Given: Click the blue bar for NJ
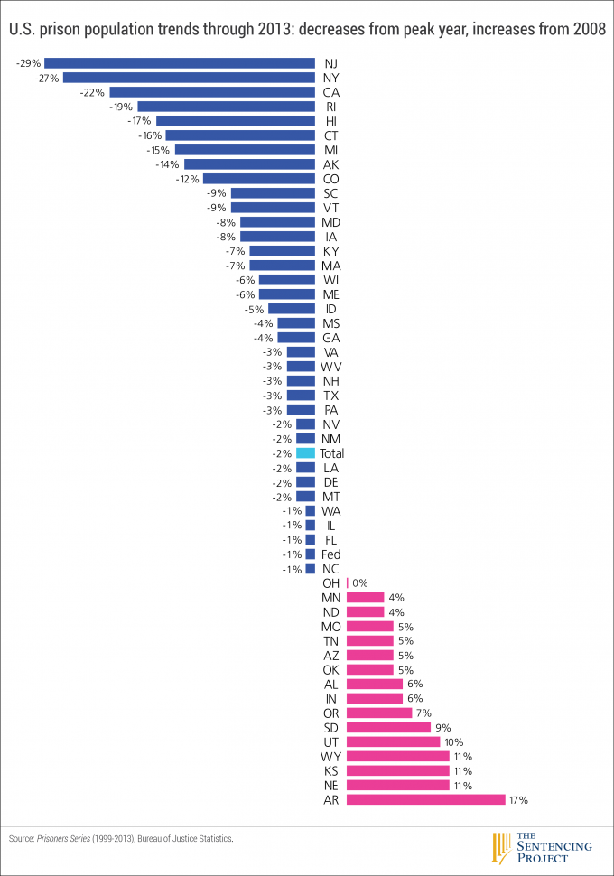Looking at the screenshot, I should pyautogui.click(x=180, y=63).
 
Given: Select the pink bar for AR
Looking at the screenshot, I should pyautogui.click(x=425, y=799).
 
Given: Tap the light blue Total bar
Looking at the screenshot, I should pyautogui.click(x=305, y=453).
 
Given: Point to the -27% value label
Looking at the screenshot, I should pyautogui.click(x=47, y=78).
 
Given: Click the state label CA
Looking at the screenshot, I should pyautogui.click(x=331, y=92).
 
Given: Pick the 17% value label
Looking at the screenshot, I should pyautogui.click(x=518, y=799).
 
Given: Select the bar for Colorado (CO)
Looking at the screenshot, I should pyautogui.click(x=258, y=179).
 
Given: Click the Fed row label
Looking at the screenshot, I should pyautogui.click(x=331, y=554).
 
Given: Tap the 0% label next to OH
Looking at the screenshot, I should pyautogui.click(x=360, y=583).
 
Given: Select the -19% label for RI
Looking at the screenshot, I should pyautogui.click(x=122, y=107).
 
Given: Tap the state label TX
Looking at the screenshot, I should pyautogui.click(x=331, y=396).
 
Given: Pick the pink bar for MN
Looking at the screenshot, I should pyautogui.click(x=365, y=597).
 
